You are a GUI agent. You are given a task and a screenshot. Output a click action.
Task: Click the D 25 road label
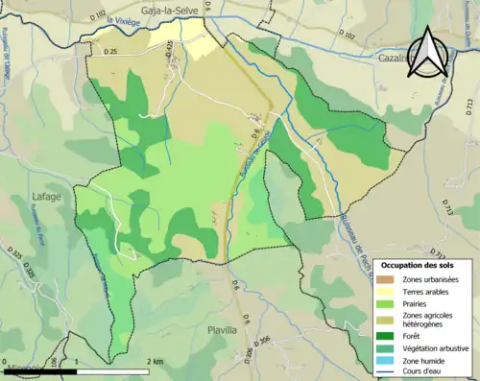[108, 52]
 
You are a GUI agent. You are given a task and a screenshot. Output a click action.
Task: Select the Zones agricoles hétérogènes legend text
[428, 320]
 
